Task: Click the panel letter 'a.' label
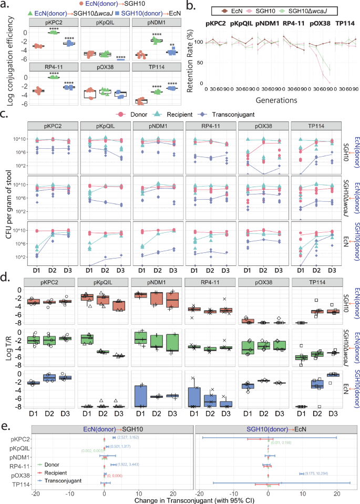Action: [6, 5]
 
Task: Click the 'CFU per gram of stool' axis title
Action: [6, 194]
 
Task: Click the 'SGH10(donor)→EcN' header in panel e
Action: [269, 415]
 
